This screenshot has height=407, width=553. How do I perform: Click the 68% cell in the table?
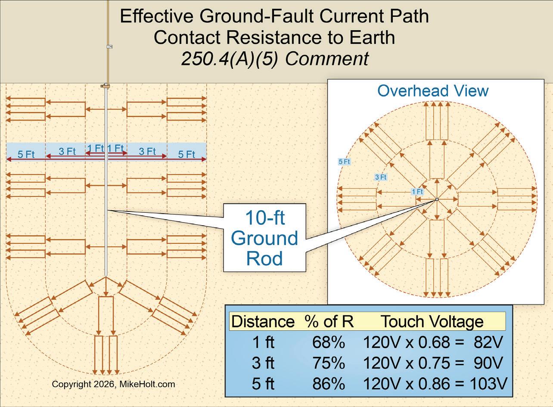[329, 342]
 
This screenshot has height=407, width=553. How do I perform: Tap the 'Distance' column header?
[263, 322]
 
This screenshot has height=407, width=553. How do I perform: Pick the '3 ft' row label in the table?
[263, 363]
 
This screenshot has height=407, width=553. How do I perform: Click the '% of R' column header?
[329, 322]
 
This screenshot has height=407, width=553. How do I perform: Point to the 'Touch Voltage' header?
[432, 322]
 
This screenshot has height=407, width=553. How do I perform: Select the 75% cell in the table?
[329, 363]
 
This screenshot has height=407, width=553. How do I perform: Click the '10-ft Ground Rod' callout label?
[264, 238]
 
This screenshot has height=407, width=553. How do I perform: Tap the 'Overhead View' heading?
[433, 91]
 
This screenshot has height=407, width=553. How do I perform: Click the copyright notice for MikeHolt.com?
[113, 384]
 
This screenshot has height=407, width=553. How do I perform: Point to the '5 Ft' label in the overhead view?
[344, 162]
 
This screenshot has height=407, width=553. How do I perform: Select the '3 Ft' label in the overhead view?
[381, 177]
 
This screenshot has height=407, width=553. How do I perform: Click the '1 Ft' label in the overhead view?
[417, 192]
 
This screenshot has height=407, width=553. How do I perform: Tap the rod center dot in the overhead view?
[437, 199]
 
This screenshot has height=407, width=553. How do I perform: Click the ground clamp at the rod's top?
[105, 86]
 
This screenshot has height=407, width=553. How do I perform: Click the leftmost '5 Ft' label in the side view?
[26, 154]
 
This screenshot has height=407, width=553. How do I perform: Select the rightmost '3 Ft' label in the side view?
[147, 151]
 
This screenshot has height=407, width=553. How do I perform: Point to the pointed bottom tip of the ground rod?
[106, 276]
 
